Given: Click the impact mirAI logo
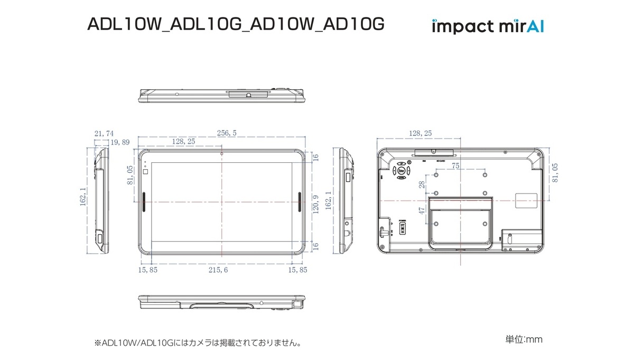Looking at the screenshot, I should click(488, 25).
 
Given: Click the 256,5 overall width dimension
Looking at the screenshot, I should click(226, 133).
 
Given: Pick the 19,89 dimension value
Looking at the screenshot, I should click(119, 142).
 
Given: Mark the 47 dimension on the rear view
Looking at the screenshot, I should click(422, 209).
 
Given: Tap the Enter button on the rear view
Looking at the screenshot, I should click(402, 171).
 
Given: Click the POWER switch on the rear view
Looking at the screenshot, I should click(402, 227).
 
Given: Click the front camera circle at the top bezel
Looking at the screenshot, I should click(222, 154).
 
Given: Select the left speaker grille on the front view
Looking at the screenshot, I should click(144, 201).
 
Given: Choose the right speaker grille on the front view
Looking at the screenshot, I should click(300, 201).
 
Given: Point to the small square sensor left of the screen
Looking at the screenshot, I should click(146, 171).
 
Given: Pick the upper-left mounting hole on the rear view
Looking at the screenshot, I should click(436, 174).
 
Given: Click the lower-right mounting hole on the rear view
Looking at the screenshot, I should click(484, 224).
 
